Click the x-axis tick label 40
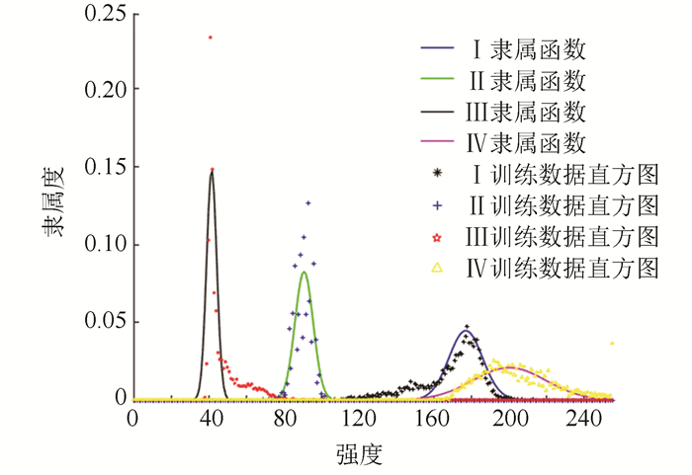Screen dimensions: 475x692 [211, 418]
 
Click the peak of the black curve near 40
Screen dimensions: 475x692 [211, 172]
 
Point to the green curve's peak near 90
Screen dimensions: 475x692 [304, 273]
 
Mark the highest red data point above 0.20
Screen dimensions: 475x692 [210, 38]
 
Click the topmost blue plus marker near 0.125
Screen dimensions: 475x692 [308, 203]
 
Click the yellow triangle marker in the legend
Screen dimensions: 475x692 [436, 268]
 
